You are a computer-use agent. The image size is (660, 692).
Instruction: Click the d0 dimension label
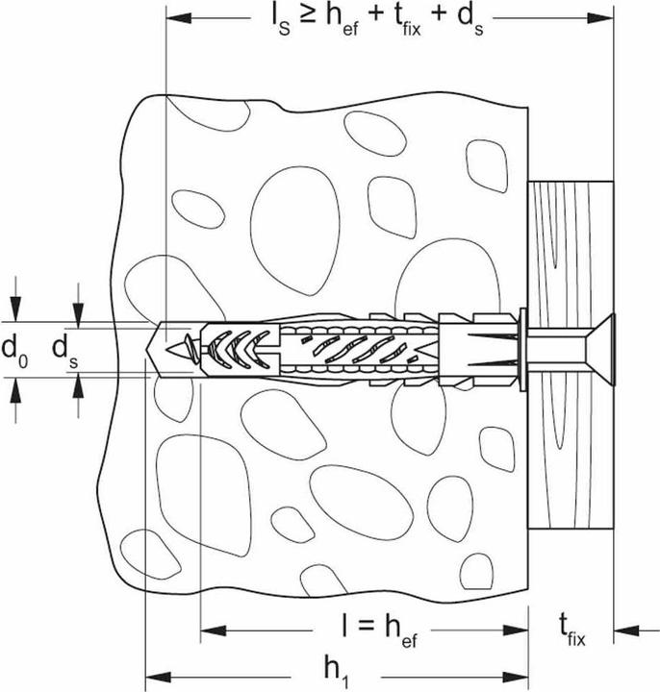(14, 350)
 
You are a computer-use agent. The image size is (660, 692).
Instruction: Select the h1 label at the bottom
(337, 670)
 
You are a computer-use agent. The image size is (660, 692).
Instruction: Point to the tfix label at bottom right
(572, 631)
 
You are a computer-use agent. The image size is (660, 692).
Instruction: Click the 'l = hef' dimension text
(379, 630)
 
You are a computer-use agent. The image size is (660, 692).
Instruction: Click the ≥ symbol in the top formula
(308, 17)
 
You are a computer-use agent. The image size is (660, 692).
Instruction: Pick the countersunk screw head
(600, 350)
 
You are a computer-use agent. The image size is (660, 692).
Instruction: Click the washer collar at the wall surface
(523, 350)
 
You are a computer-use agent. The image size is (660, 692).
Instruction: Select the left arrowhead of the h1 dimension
(158, 677)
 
